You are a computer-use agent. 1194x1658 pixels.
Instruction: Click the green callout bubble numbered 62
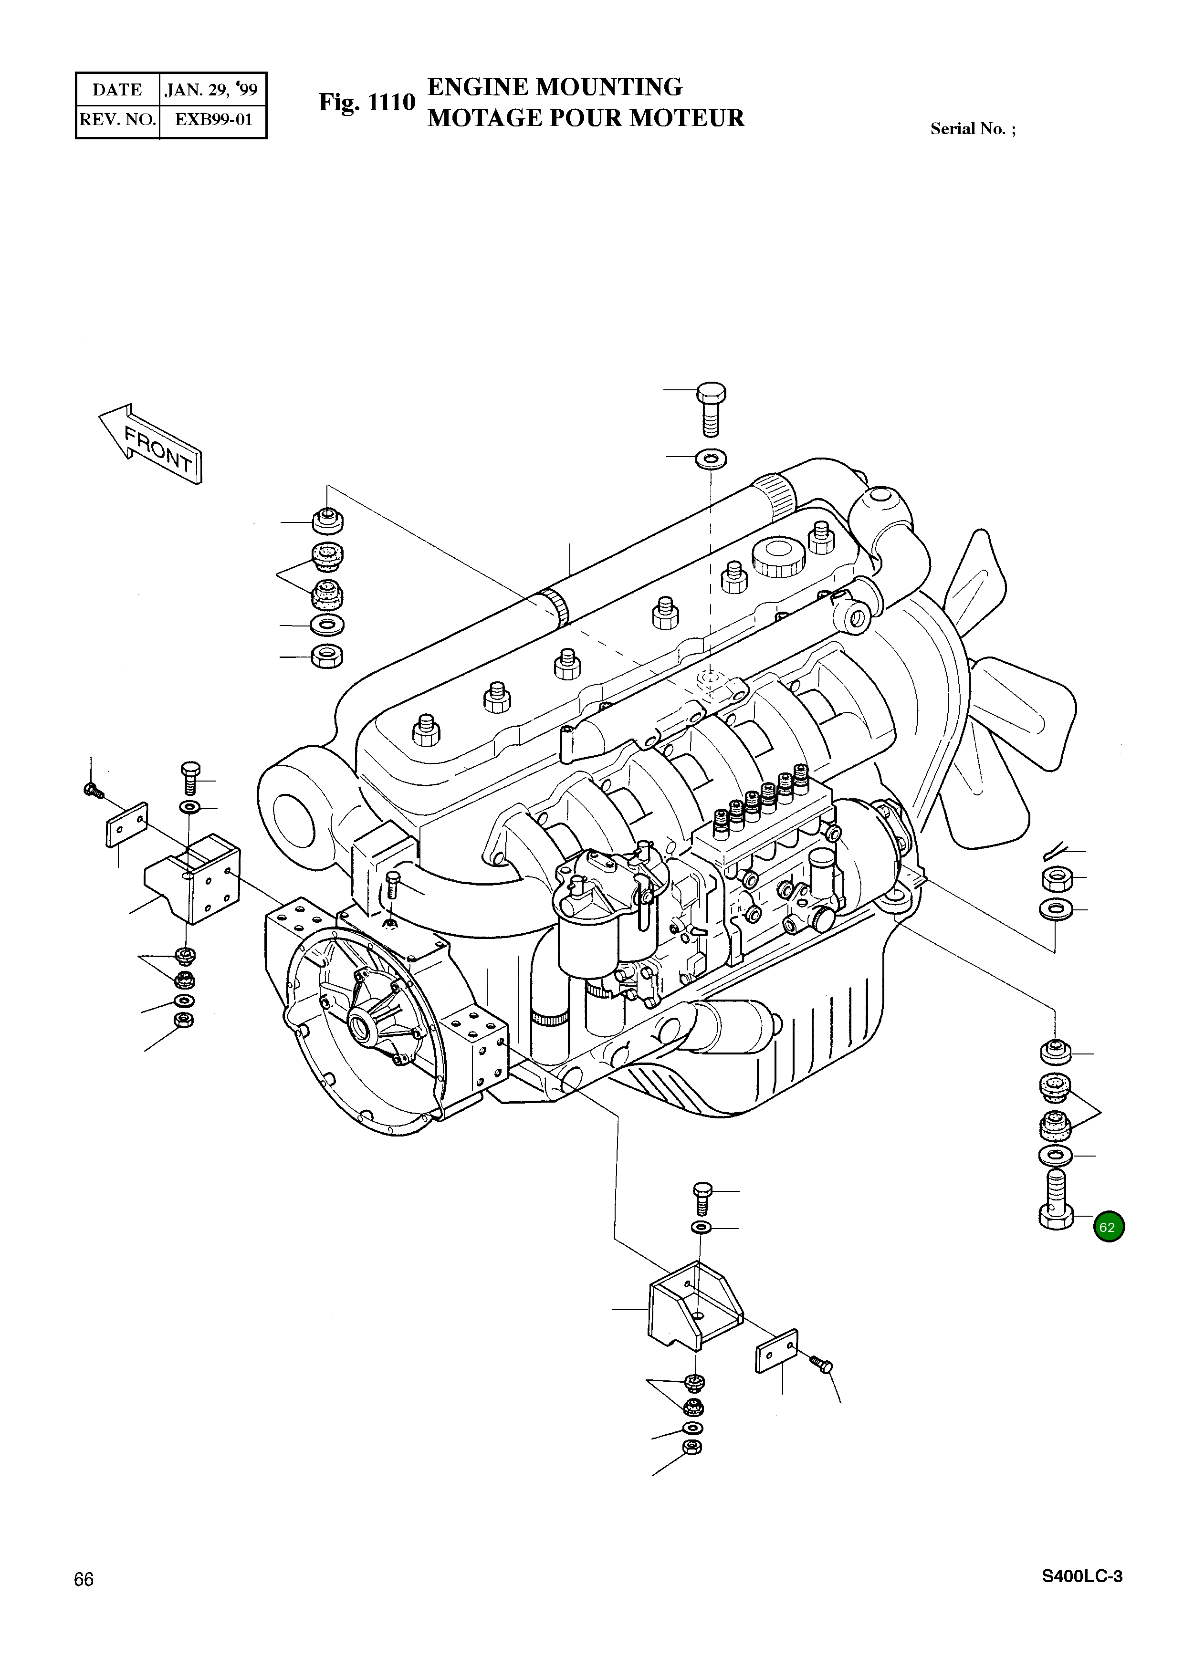tap(1109, 1228)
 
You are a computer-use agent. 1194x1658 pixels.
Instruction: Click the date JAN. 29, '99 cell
tap(212, 90)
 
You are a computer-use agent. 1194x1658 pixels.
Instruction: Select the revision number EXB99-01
tap(213, 119)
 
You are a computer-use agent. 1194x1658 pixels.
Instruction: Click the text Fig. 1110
tap(367, 103)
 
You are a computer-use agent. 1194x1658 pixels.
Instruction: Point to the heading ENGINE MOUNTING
tap(554, 87)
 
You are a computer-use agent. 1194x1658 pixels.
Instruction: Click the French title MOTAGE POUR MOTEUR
tap(585, 118)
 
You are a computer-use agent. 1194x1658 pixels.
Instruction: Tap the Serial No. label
tap(973, 129)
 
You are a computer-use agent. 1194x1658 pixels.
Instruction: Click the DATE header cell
tap(117, 90)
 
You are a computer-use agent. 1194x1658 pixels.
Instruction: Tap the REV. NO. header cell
tap(117, 119)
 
